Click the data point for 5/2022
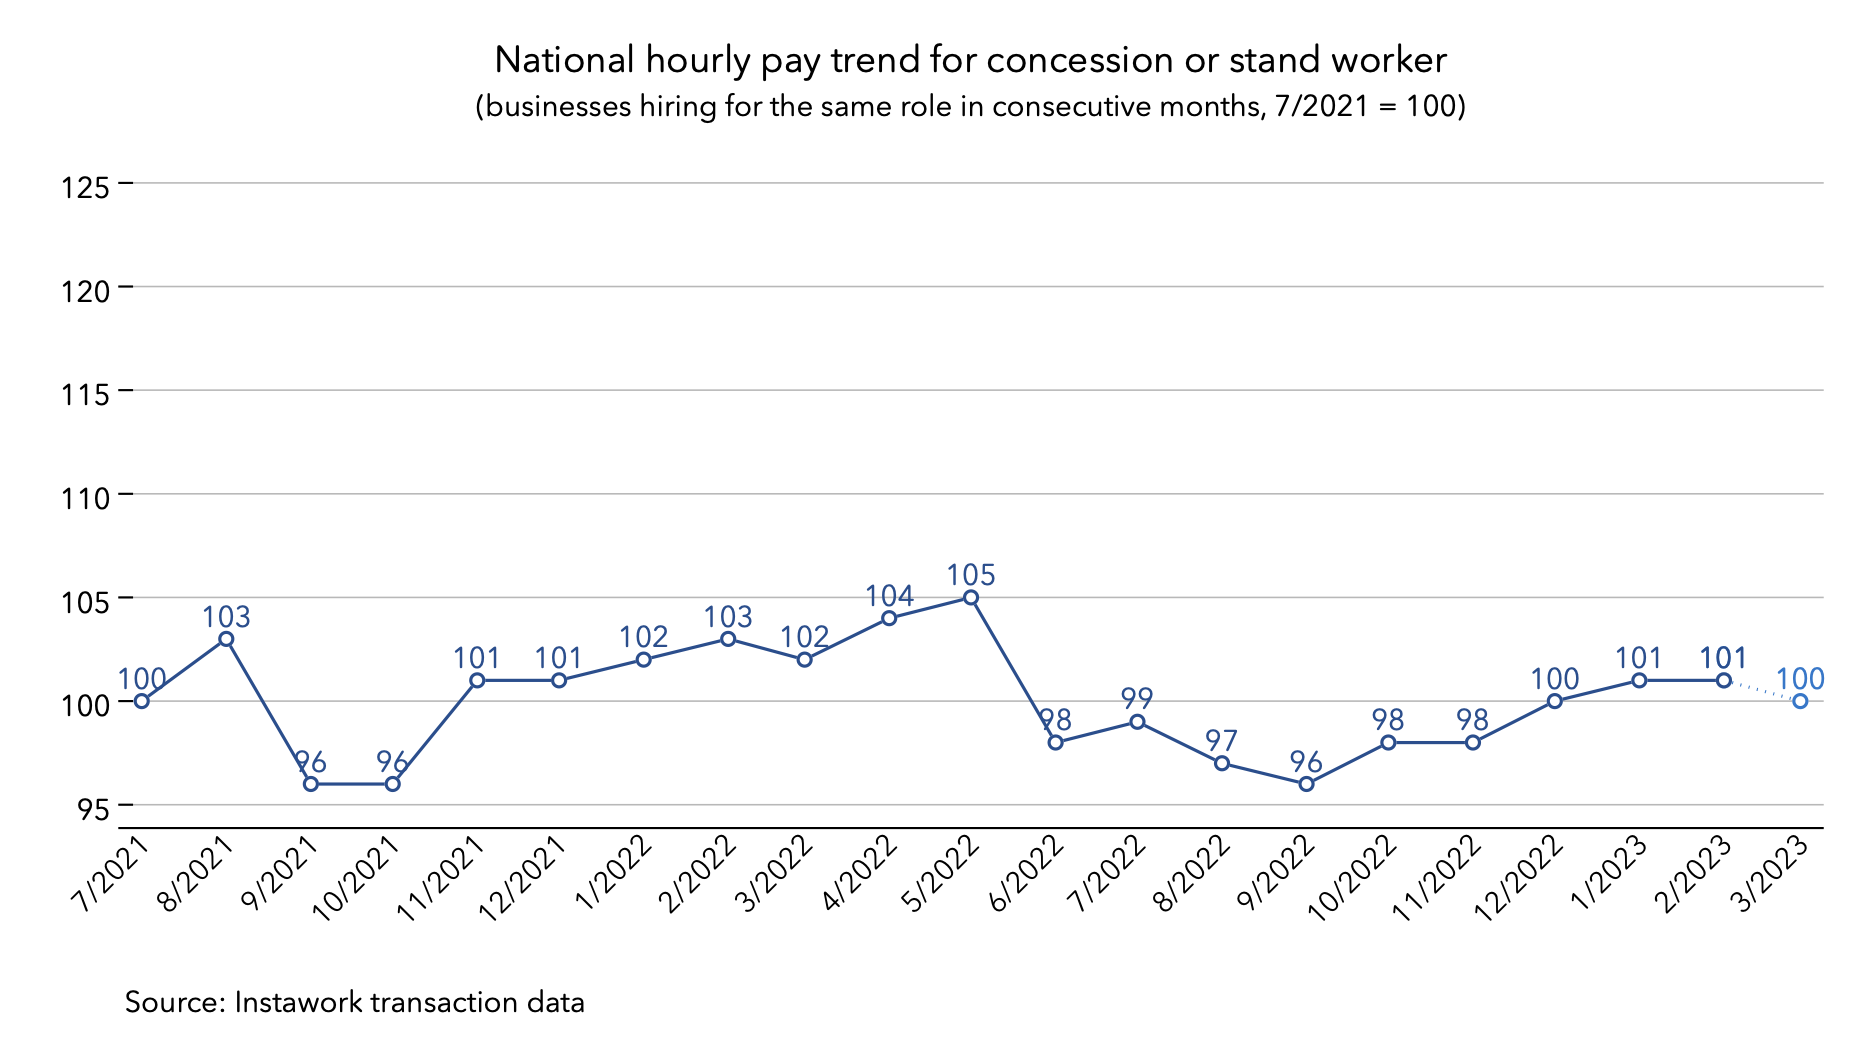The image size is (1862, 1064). [970, 598]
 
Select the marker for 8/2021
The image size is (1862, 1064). [226, 639]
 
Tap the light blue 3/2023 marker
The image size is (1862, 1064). [1800, 701]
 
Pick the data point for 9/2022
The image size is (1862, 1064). [1306, 784]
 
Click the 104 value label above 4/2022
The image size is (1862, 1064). [889, 596]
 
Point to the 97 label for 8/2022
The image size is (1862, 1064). [1222, 741]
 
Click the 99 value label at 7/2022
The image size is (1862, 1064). [1137, 698]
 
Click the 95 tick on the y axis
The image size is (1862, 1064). [93, 809]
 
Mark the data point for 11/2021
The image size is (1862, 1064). [477, 680]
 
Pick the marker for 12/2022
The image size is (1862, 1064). [1555, 701]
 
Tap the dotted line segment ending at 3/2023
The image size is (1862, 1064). [1762, 691]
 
